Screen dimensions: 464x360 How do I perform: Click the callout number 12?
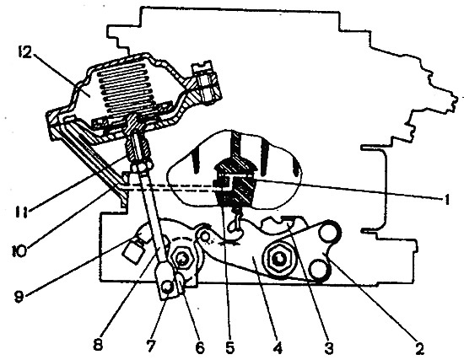[24, 52]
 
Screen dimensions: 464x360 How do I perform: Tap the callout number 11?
[22, 212]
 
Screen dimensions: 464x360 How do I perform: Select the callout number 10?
[19, 251]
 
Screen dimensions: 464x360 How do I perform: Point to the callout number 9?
[19, 297]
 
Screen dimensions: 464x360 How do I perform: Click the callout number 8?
[98, 345]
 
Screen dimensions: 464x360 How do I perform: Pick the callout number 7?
[150, 346]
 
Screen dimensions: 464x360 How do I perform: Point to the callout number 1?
[446, 200]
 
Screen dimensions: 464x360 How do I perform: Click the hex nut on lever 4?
[278, 259]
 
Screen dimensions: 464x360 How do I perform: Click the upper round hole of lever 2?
[328, 232]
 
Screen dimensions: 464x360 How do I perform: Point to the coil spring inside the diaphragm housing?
[128, 89]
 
